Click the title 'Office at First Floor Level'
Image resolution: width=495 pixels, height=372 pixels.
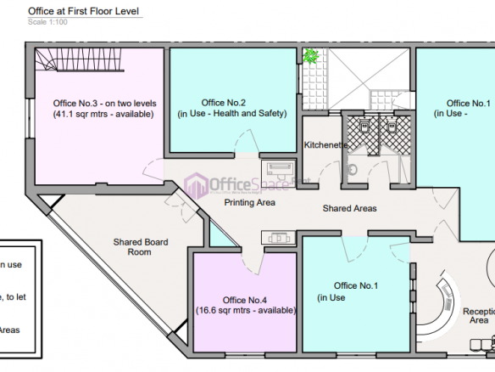85,12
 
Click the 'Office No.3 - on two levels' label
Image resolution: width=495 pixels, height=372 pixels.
92,104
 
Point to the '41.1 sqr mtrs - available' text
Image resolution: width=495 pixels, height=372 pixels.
97,114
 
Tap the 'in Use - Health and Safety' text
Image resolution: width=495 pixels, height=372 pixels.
231,113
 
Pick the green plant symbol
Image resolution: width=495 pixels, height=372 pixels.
311,57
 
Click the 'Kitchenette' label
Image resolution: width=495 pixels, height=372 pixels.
325,145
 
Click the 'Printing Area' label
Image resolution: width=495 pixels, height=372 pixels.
249,203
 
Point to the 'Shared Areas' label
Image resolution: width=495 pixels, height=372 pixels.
349,208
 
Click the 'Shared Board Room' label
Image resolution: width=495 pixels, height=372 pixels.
141,247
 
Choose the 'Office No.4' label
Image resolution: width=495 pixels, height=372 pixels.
245,300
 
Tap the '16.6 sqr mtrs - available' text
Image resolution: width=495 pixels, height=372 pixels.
245,311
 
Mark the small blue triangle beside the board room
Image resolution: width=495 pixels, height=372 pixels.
219,237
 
